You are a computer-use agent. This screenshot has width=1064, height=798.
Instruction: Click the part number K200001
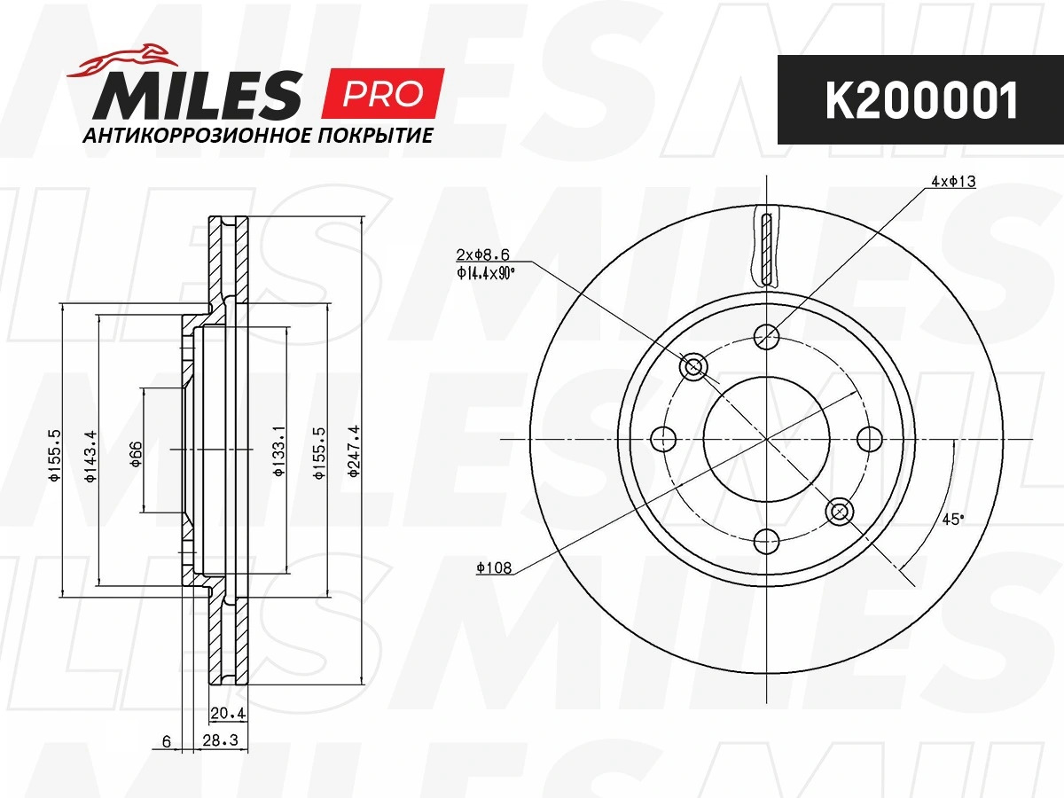click(x=921, y=100)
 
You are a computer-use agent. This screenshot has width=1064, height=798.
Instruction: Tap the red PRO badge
click(x=382, y=93)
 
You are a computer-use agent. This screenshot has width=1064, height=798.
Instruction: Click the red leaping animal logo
click(x=122, y=60)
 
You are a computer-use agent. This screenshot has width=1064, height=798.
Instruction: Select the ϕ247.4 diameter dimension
click(x=355, y=451)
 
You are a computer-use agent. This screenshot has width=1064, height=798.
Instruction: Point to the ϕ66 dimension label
click(x=136, y=454)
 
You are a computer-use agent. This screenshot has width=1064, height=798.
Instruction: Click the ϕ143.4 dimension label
click(x=91, y=457)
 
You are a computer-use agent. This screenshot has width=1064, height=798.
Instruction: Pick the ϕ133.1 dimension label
click(x=279, y=451)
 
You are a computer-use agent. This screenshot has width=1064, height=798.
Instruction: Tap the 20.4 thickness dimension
click(x=228, y=713)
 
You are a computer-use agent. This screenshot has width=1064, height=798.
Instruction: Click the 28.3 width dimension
click(x=221, y=740)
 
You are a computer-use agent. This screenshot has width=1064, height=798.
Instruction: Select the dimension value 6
click(x=167, y=741)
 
